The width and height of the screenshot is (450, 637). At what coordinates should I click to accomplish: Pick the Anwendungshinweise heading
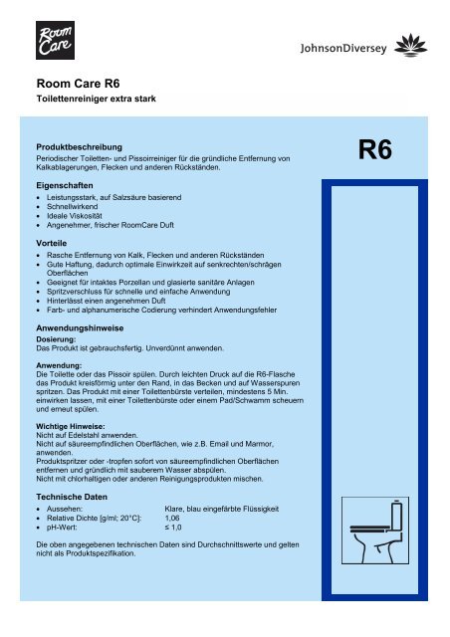click(87, 327)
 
